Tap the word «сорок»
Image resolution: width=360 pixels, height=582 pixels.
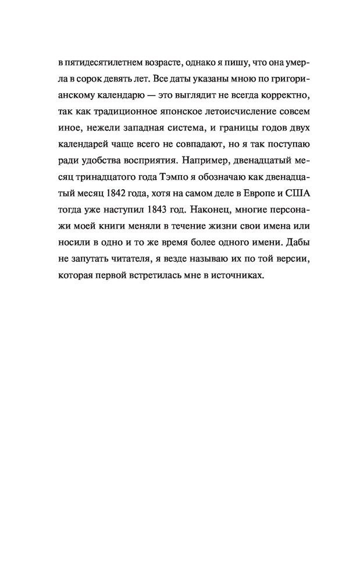(x=90, y=78)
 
